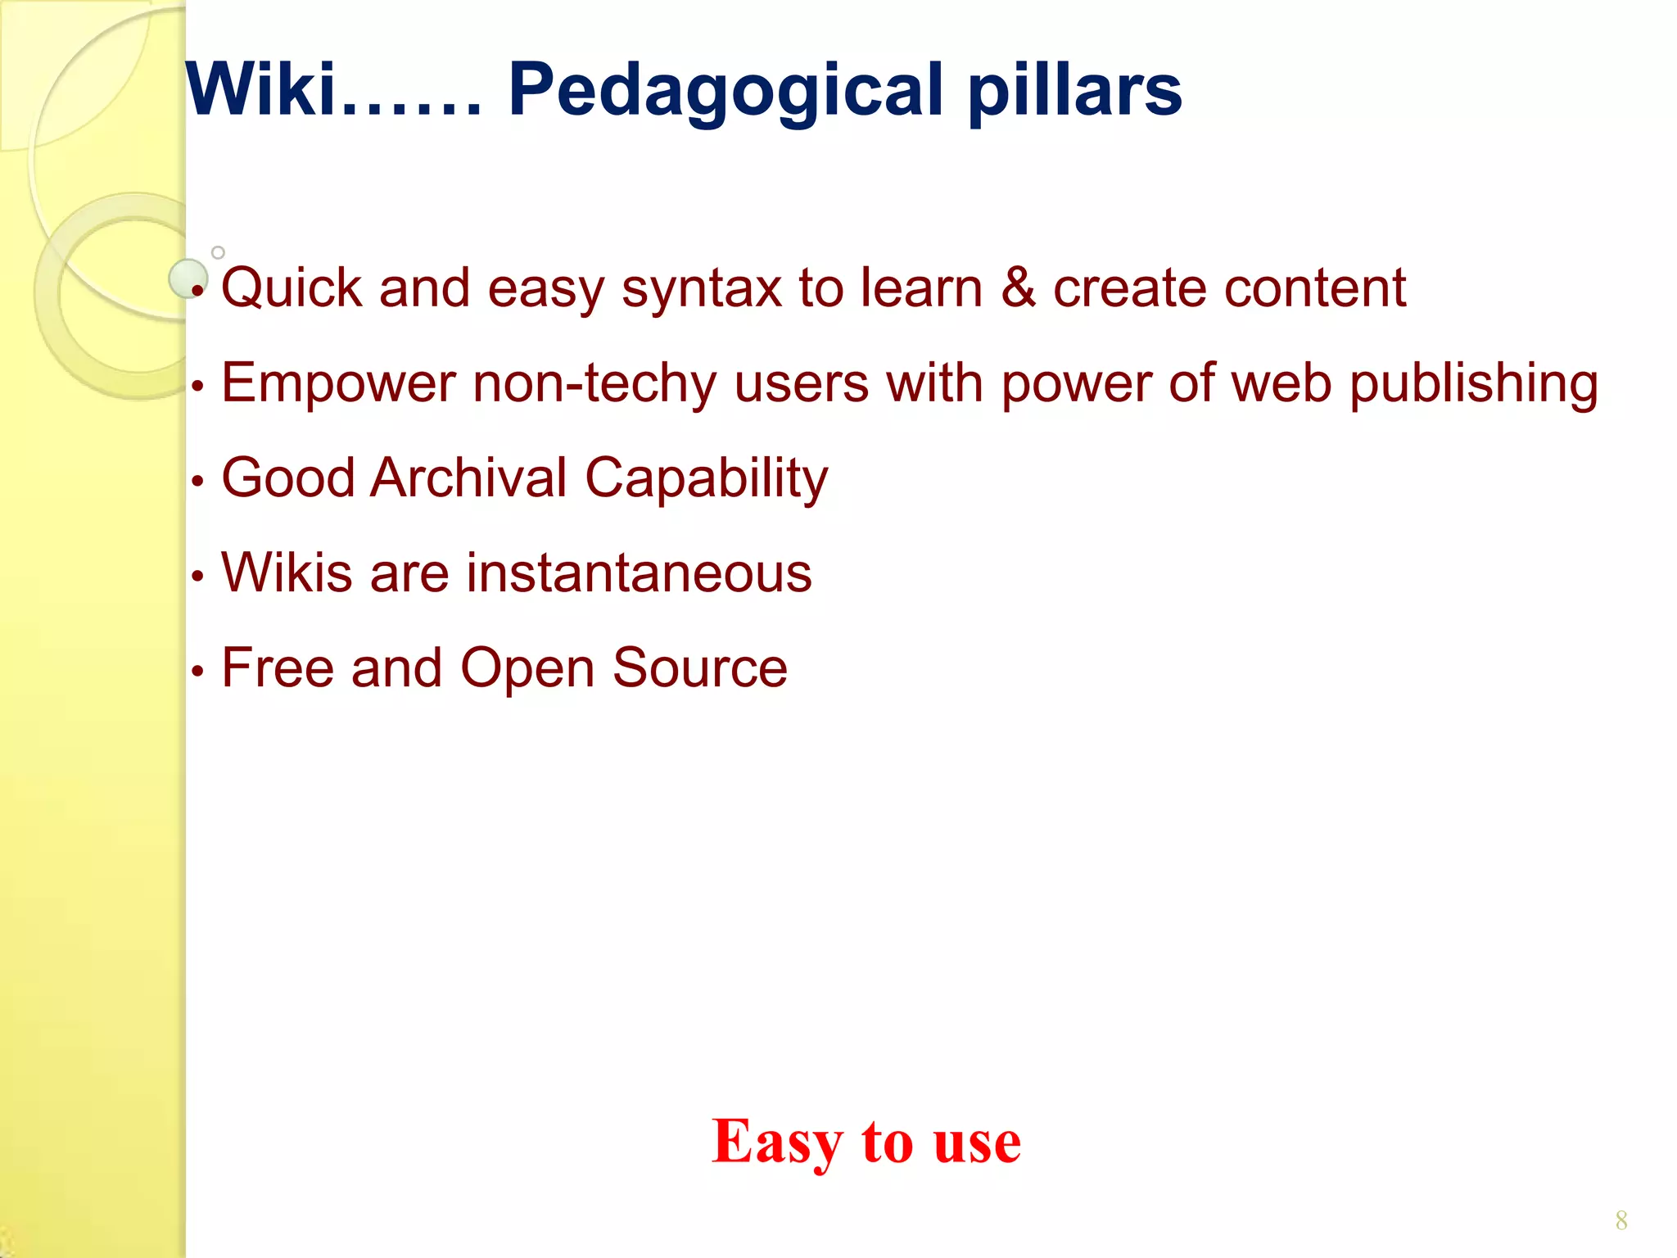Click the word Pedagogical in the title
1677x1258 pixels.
tap(725, 92)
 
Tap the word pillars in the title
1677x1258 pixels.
tap(1075, 92)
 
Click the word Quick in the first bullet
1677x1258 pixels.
tap(292, 289)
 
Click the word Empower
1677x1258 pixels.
tap(338, 384)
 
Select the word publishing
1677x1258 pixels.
tap(1473, 384)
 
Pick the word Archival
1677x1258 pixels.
tap(468, 477)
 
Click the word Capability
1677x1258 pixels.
tap(706, 479)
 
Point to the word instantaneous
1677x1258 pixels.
tap(639, 572)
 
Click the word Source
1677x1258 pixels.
tap(699, 668)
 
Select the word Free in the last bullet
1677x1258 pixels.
tap(277, 668)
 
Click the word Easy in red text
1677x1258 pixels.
tap(777, 1143)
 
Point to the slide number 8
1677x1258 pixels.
tap(1620, 1221)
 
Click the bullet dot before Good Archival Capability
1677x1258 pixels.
tap(197, 482)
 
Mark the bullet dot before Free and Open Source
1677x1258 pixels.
tap(197, 672)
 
